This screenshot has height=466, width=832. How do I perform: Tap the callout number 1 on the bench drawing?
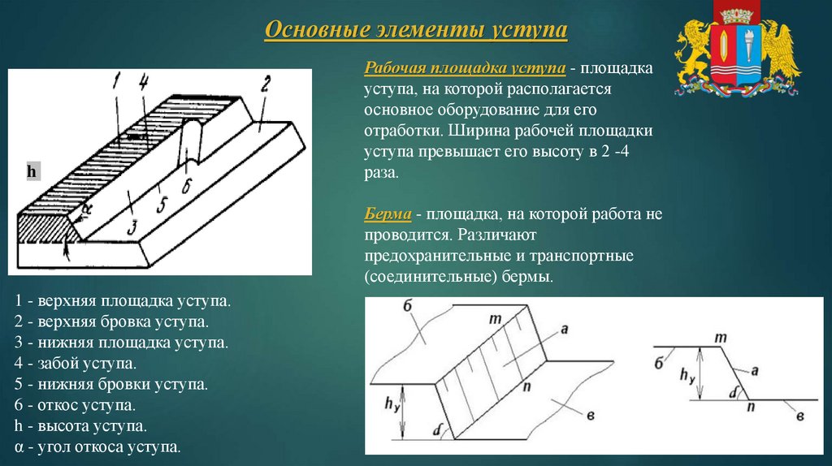[x=115, y=81]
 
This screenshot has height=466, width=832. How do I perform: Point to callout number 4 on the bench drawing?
[x=142, y=81]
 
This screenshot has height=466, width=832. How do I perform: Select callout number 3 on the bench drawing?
[x=131, y=220]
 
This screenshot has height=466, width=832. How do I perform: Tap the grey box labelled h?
[x=33, y=172]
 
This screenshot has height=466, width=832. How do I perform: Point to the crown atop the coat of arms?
[x=736, y=15]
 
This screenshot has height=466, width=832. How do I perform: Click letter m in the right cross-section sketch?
[x=718, y=337]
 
